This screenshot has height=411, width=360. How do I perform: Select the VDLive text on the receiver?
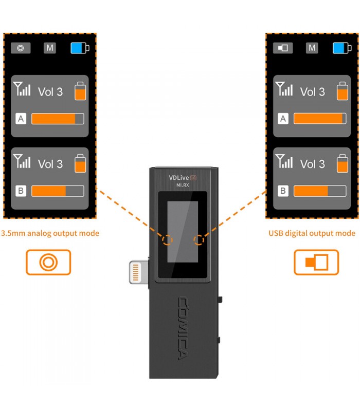(179, 177)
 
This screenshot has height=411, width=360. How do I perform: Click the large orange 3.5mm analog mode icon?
(48, 262)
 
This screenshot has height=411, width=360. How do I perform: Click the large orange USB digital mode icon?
(316, 262)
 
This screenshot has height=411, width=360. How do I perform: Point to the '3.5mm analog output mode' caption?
(50, 233)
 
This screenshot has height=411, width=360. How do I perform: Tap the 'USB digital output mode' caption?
(312, 233)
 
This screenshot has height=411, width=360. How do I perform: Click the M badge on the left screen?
(50, 48)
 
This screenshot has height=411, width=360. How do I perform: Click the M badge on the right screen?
(312, 48)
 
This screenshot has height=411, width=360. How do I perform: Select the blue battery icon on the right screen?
(341, 48)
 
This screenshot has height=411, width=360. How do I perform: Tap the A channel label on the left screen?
(21, 119)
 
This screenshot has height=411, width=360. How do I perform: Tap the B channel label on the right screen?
(283, 191)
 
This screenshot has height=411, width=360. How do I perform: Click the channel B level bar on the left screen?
(58, 191)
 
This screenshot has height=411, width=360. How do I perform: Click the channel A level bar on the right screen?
(319, 119)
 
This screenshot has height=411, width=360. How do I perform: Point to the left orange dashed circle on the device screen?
(167, 240)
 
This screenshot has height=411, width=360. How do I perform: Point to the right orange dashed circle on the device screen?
(199, 240)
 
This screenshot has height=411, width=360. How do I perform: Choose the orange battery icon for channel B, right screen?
(343, 162)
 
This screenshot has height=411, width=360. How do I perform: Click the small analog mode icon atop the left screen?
(21, 48)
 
